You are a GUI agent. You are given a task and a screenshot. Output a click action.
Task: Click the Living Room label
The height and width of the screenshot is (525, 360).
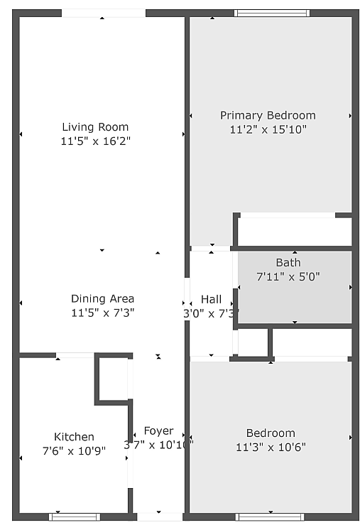click(x=95, y=127)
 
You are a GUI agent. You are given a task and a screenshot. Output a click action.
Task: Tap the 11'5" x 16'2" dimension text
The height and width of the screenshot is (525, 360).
click(x=95, y=141)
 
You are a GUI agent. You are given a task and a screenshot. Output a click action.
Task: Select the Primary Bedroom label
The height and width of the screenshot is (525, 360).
click(x=268, y=115)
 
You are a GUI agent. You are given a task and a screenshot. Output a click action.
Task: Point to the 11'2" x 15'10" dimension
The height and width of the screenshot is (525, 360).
click(x=268, y=130)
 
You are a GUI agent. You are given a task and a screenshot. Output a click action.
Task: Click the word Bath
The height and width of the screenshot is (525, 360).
click(x=288, y=262)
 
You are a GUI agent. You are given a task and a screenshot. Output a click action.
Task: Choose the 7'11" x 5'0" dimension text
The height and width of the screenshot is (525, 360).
click(x=288, y=276)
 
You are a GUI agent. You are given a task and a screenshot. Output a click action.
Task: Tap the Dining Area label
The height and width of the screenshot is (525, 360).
click(x=102, y=298)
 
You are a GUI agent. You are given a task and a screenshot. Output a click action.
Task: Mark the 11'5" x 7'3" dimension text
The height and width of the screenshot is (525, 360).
click(x=102, y=313)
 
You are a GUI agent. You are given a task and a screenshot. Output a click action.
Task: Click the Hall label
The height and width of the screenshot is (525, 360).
click(x=211, y=299)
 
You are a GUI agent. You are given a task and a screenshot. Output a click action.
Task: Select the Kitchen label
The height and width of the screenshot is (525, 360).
click(x=74, y=436)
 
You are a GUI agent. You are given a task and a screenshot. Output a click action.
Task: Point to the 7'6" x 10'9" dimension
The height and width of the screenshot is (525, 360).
click(x=74, y=450)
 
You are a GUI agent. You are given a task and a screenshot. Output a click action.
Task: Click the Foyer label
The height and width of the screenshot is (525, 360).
click(x=158, y=431)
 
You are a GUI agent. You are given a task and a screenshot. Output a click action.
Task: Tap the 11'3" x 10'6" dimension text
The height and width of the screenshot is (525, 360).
click(x=271, y=448)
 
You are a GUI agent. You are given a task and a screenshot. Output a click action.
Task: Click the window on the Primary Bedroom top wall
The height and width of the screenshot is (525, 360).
click(x=272, y=13)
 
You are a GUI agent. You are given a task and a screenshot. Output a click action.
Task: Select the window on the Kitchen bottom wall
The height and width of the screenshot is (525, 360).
click(x=75, y=516)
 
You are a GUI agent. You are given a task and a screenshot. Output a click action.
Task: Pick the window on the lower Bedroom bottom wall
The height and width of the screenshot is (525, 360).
click(x=270, y=516)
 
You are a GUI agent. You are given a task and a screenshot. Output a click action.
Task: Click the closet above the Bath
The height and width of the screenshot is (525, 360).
click(x=294, y=231)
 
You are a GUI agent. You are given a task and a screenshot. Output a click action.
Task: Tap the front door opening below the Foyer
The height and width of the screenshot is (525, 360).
click(x=159, y=516)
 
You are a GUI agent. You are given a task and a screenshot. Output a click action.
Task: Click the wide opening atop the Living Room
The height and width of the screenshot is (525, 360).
click(x=103, y=13)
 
